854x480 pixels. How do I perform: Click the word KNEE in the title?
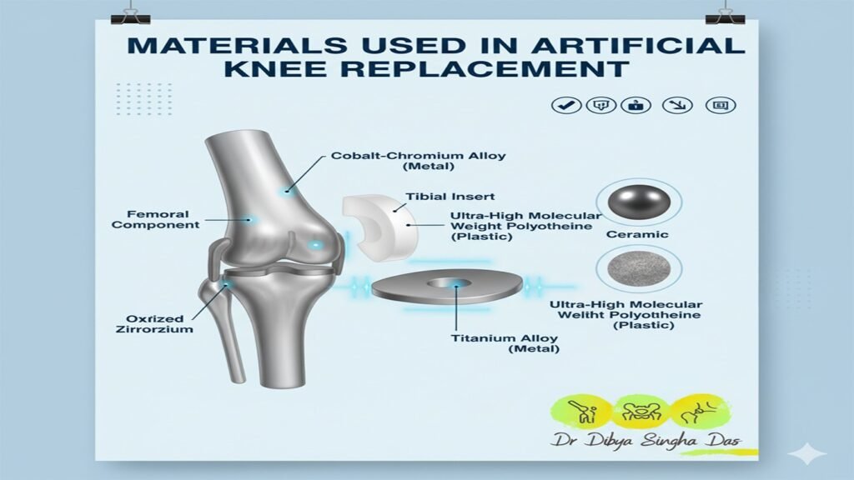click(x=275, y=69)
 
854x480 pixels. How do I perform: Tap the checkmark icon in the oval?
click(x=566, y=105)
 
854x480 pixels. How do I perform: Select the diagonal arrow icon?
click(x=677, y=105)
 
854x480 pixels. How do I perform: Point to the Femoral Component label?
click(x=156, y=219)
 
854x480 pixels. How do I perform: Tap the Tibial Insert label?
click(x=450, y=197)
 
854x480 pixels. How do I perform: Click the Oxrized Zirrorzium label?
click(x=154, y=324)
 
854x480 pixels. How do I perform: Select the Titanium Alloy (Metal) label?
click(x=505, y=343)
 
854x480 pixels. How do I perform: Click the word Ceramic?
click(x=637, y=234)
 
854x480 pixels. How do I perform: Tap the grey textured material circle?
click(x=638, y=269)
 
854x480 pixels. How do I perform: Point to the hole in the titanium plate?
click(x=449, y=283)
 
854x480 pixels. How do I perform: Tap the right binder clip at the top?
click(x=725, y=17)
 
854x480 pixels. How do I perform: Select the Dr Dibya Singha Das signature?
click(x=646, y=440)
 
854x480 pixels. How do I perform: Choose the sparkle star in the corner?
click(x=807, y=453)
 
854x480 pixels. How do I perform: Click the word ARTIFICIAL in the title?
click(x=638, y=45)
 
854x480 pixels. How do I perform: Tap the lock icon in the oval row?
click(x=635, y=105)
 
